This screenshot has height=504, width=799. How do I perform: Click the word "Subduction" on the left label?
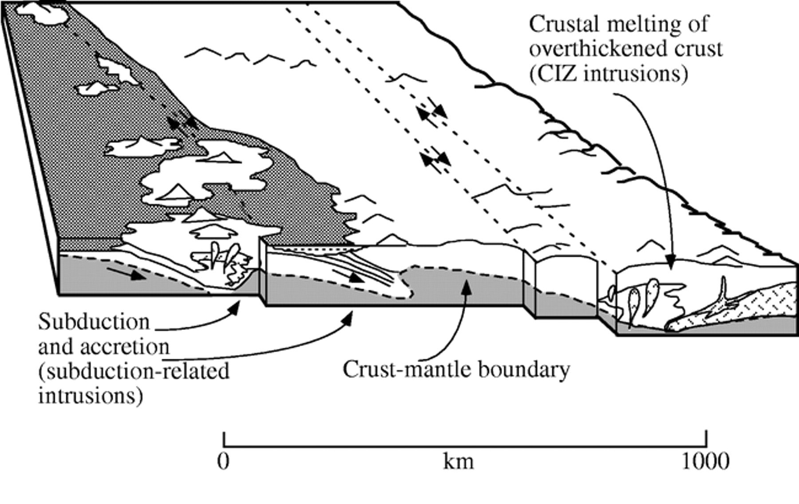pyautogui.click(x=94, y=322)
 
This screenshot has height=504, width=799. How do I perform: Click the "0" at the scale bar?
pyautogui.click(x=224, y=462)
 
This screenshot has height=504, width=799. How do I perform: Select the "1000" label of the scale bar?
pyautogui.click(x=705, y=462)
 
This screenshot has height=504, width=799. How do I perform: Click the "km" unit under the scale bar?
pyautogui.click(x=458, y=462)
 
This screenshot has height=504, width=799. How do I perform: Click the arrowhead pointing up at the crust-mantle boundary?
pyautogui.click(x=465, y=287)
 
